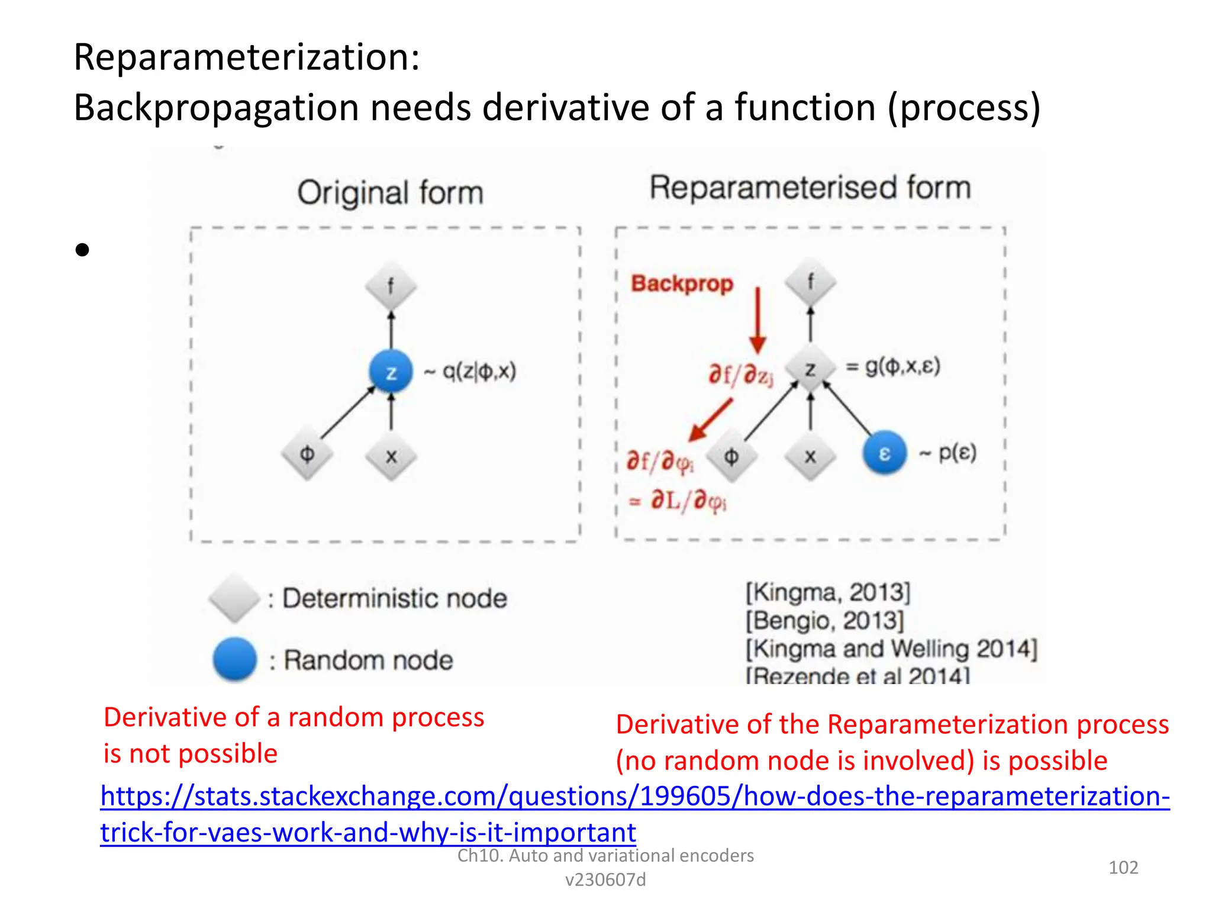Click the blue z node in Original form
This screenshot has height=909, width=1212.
(391, 372)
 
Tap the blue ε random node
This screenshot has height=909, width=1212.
(884, 453)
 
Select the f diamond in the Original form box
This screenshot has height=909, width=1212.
(391, 287)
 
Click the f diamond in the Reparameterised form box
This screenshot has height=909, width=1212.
(810, 282)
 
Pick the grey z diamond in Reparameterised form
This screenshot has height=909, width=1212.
(810, 369)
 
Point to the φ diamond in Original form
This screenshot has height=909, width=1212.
(307, 454)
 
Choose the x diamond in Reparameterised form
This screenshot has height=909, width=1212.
(810, 456)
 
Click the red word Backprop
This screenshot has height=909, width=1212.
(682, 283)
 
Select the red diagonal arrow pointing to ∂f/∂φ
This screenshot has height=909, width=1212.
(711, 419)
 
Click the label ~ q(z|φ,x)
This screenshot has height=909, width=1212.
(470, 372)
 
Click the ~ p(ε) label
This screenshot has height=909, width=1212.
(947, 453)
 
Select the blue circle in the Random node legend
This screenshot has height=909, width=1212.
(235, 659)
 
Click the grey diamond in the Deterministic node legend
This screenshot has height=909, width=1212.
(235, 598)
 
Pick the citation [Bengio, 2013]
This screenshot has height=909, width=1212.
(824, 621)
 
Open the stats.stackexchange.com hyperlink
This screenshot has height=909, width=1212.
(634, 797)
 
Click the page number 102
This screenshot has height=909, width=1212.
(1123, 868)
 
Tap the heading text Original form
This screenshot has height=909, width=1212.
(391, 193)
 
